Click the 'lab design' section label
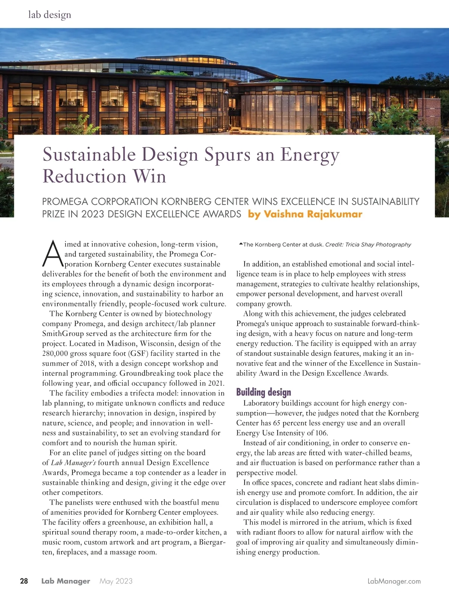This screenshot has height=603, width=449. coord(49,15)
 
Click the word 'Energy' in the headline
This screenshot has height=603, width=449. coord(310,155)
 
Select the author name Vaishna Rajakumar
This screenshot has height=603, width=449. coord(313,214)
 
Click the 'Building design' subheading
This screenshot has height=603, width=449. coord(263,392)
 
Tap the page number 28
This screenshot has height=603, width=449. coord(24,581)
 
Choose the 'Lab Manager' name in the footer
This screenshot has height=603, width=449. coord(65,581)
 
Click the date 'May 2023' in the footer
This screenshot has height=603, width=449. coord(116,581)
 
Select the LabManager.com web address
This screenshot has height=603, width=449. coord(394,581)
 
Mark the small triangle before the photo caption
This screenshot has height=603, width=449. coord(241,244)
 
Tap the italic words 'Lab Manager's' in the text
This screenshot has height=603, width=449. coord(73,463)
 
